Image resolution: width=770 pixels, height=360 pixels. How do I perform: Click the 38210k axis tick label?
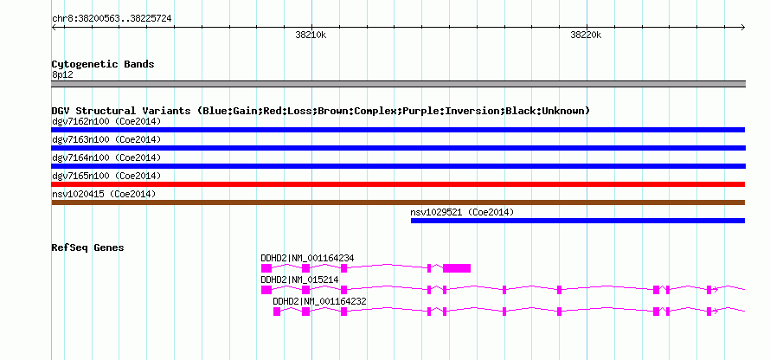pos(311,35)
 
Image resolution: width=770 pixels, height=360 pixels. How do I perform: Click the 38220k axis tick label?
pos(586,35)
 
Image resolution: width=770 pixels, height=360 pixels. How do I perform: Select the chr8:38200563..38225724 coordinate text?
pos(112,19)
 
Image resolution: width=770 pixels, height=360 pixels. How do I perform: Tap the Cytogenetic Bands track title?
pos(103,64)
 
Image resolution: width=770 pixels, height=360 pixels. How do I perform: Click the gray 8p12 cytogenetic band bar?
pos(398,84)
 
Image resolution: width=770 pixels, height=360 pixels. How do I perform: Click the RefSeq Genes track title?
pos(88,247)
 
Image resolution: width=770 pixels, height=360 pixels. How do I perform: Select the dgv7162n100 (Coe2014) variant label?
pos(106,121)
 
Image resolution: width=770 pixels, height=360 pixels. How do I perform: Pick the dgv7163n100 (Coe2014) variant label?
pos(106,139)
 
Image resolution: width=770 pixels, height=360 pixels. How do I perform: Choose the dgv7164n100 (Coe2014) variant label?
pos(106,157)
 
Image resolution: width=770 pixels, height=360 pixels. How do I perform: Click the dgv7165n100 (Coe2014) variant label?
pos(106,176)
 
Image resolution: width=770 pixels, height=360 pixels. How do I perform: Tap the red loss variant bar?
pos(398,184)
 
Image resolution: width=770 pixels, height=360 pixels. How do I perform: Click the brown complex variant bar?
pos(398,202)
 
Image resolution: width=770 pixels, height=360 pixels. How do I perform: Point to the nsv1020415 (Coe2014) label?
pos(104,195)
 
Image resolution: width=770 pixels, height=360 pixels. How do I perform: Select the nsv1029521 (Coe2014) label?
pos(462,212)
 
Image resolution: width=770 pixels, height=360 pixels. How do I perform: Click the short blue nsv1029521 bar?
pos(578,221)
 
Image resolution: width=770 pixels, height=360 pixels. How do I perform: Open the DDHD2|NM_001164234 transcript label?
pos(307,259)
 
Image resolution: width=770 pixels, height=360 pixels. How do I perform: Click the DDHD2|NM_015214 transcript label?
pos(299,280)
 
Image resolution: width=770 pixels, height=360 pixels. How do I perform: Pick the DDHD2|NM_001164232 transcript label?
pos(320,301)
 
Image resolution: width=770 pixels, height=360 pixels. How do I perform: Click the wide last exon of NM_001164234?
pos(457,268)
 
